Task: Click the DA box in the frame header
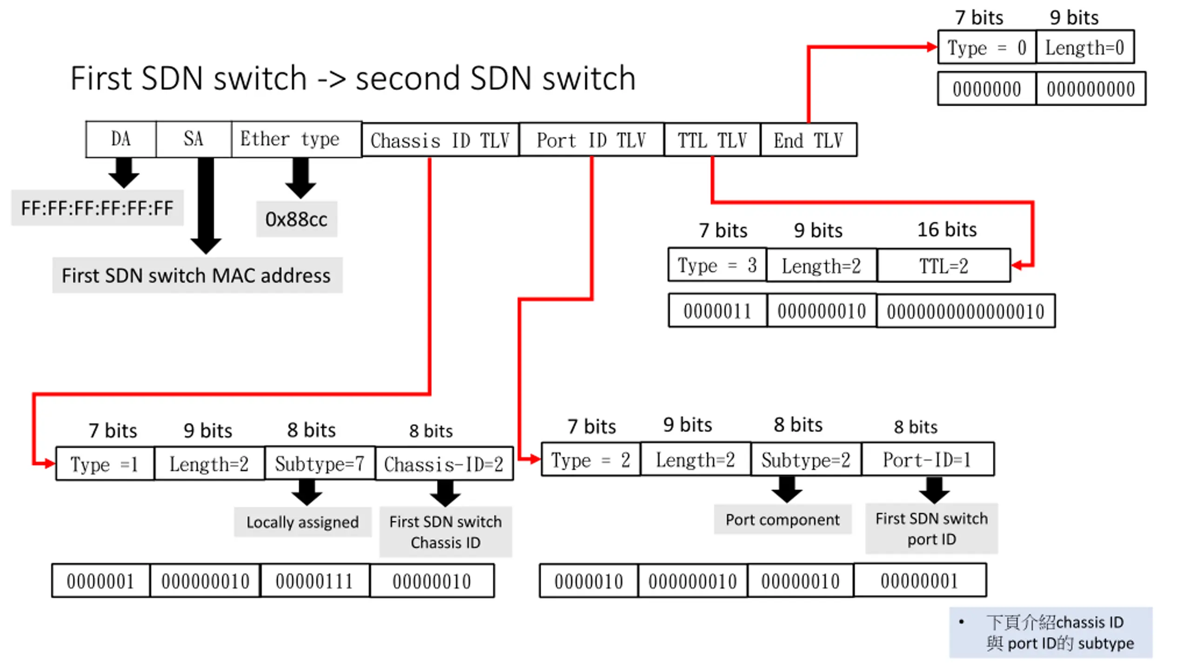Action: (121, 139)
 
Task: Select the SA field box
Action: (194, 139)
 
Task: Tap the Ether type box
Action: (296, 139)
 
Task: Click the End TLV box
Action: (809, 140)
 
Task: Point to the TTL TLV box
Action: (712, 140)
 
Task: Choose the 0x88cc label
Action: (296, 219)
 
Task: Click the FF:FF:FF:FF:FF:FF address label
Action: (97, 208)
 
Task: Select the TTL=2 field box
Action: (944, 266)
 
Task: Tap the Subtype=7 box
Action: (320, 463)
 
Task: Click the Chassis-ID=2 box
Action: (444, 464)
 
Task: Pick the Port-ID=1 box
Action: (928, 460)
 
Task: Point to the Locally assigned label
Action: (303, 522)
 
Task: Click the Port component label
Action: (783, 519)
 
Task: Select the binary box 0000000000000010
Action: (966, 311)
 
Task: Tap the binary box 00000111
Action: (315, 581)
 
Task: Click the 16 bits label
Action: (947, 229)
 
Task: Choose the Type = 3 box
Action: (717, 265)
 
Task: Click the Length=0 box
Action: (1085, 47)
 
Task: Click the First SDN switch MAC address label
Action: (197, 275)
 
